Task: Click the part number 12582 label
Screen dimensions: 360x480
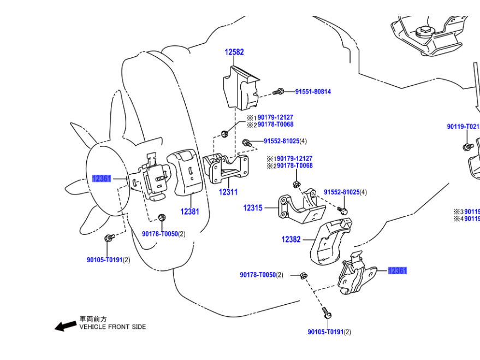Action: pos(234,52)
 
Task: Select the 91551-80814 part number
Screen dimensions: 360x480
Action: pos(313,92)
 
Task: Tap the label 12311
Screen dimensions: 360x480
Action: pos(228,192)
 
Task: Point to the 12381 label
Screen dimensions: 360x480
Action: pos(190,211)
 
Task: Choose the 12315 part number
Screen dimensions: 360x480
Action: pos(253,208)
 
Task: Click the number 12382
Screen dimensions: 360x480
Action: pos(291,239)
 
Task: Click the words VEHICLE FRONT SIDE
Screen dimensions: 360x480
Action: pos(112,327)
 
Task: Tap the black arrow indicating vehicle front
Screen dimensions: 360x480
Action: pos(66,326)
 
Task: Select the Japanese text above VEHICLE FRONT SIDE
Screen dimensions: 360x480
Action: pos(93,319)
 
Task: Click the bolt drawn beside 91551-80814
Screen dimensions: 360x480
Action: pos(280,91)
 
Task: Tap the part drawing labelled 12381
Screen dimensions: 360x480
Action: pos(187,172)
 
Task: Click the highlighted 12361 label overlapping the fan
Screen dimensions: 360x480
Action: pos(102,179)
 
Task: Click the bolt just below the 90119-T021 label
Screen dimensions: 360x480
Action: pos(467,146)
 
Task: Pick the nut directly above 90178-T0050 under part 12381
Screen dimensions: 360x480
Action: pos(162,218)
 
